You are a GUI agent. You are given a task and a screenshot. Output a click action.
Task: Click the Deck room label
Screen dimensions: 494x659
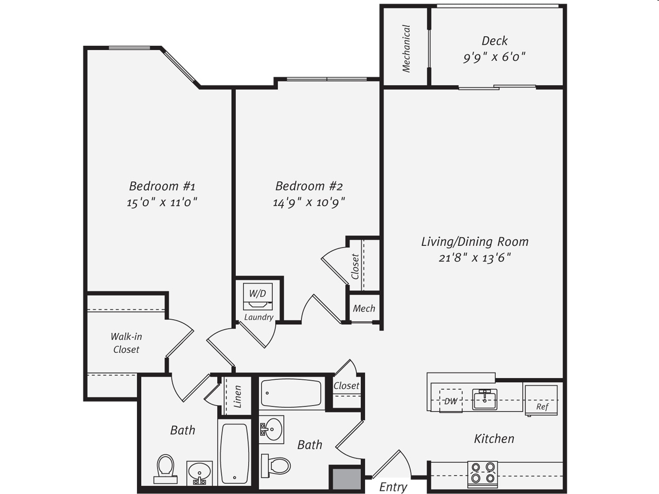click(494, 41)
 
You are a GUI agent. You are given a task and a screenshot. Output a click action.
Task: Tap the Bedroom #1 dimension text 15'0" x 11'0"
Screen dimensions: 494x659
click(162, 202)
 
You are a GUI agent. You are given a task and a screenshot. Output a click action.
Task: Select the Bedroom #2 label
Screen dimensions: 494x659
click(309, 186)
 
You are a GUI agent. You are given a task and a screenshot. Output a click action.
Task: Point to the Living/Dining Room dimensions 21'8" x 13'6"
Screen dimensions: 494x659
click(475, 258)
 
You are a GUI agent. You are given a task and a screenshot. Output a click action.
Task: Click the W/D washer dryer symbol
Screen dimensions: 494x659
click(257, 296)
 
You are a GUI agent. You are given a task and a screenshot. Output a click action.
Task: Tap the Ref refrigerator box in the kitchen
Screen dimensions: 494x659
click(541, 400)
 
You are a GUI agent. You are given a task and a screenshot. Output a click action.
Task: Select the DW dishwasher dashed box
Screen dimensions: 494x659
click(450, 400)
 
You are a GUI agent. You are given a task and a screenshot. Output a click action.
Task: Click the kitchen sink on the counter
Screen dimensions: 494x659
click(485, 399)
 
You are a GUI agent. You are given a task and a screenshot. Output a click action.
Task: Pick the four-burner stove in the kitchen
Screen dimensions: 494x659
click(482, 474)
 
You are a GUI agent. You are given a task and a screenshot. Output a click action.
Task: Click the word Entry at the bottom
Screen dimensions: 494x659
click(393, 487)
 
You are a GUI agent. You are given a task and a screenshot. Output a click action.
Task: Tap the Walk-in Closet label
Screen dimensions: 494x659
click(126, 343)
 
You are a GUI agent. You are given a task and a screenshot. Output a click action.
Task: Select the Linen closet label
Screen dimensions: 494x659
click(237, 397)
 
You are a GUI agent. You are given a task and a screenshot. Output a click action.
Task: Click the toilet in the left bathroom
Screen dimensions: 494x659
click(166, 468)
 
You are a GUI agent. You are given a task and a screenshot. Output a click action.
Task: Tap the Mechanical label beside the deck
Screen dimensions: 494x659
click(406, 48)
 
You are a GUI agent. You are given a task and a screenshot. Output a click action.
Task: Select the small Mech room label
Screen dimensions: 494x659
click(364, 309)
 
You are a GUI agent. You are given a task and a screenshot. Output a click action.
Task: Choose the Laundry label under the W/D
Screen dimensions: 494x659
click(258, 317)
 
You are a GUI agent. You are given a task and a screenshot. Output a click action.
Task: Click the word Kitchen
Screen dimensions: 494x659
click(494, 439)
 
